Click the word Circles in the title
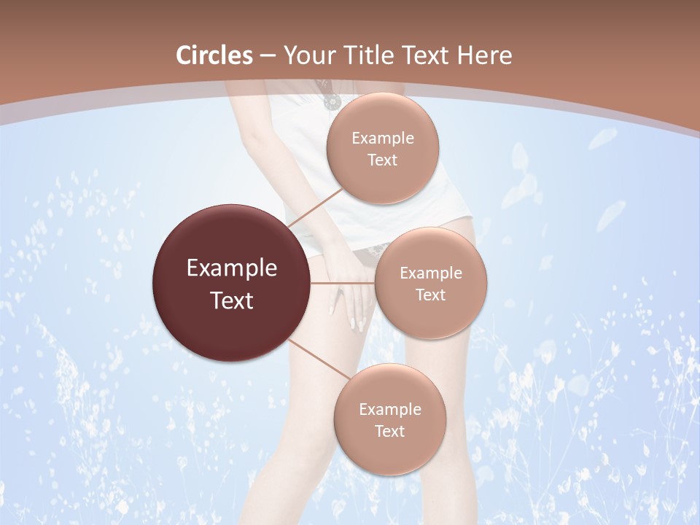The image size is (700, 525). click(x=214, y=55)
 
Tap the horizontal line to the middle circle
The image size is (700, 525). click(x=343, y=283)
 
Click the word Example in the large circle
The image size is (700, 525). click(x=232, y=268)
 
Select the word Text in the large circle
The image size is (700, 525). click(x=232, y=300)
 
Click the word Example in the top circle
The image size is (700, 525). click(x=383, y=139)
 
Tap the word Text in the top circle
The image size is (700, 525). click(x=383, y=160)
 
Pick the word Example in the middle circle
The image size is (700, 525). click(x=431, y=273)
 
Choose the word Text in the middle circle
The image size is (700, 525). click(x=431, y=295)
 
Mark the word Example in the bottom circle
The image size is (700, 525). click(x=389, y=410)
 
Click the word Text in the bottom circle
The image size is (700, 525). click(x=389, y=432)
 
